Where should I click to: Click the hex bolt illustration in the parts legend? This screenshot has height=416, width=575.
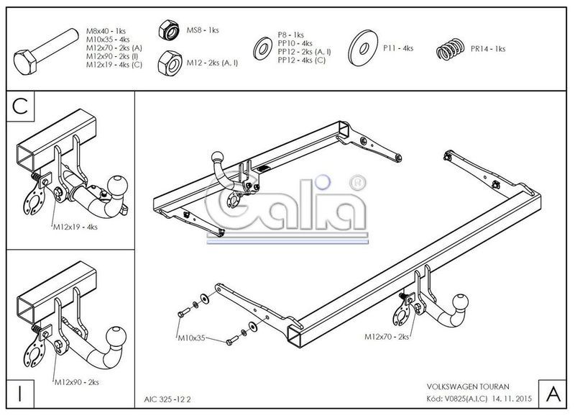pyautogui.click(x=46, y=52)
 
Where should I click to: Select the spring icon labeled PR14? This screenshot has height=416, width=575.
pyautogui.click(x=451, y=49)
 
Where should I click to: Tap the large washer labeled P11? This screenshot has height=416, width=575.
pyautogui.click(x=364, y=48)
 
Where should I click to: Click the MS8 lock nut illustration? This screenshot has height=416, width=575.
pyautogui.click(x=169, y=30)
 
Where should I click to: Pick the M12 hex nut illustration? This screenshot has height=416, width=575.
pyautogui.click(x=170, y=63)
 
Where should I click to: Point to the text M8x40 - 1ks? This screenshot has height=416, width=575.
pyautogui.click(x=106, y=31)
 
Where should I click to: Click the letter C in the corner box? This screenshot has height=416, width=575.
pyautogui.click(x=20, y=106)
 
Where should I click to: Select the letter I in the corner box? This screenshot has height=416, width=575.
pyautogui.click(x=20, y=393)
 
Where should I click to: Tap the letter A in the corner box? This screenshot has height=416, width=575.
pyautogui.click(x=553, y=394)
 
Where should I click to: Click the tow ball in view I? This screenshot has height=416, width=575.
pyautogui.click(x=116, y=336)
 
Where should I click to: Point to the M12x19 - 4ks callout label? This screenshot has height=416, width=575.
pyautogui.click(x=75, y=227)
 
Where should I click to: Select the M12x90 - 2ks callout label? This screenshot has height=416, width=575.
pyautogui.click(x=77, y=382)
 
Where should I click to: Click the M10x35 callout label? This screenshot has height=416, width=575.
pyautogui.click(x=191, y=338)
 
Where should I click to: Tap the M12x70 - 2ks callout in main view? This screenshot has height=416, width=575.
pyautogui.click(x=387, y=336)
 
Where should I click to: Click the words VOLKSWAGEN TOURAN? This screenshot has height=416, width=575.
pyautogui.click(x=468, y=386)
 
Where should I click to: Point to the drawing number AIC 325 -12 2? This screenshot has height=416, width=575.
pyautogui.click(x=167, y=399)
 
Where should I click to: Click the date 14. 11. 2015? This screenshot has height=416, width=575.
pyautogui.click(x=512, y=399)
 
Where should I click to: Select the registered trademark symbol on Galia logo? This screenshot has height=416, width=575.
pyautogui.click(x=357, y=183)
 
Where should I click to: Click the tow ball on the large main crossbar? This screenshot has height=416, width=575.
pyautogui.click(x=461, y=302)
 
